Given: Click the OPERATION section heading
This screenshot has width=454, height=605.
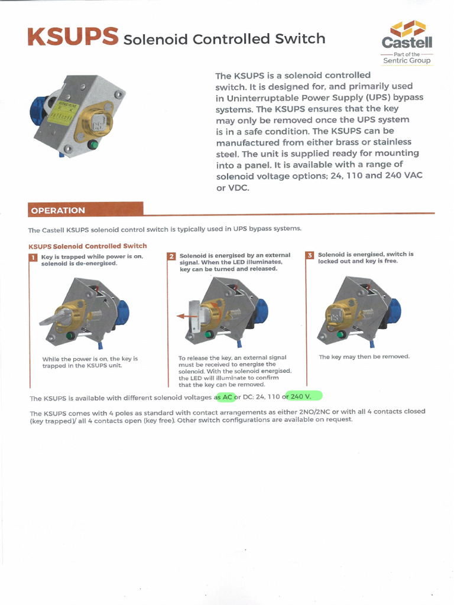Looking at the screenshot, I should tap(58, 210).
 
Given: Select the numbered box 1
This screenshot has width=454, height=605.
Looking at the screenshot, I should tap(33, 257).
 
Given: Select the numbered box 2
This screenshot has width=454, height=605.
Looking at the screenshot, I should tap(171, 256).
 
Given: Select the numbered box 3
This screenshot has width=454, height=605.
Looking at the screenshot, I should tap(310, 255).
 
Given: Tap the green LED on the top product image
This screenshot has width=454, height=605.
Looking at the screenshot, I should tap(93, 144).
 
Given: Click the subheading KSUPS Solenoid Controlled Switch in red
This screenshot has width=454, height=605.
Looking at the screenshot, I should tap(87, 246).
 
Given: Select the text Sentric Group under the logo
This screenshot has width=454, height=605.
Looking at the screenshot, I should tap(407, 60).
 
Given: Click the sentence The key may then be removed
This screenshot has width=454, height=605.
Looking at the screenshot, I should tap(364, 357).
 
